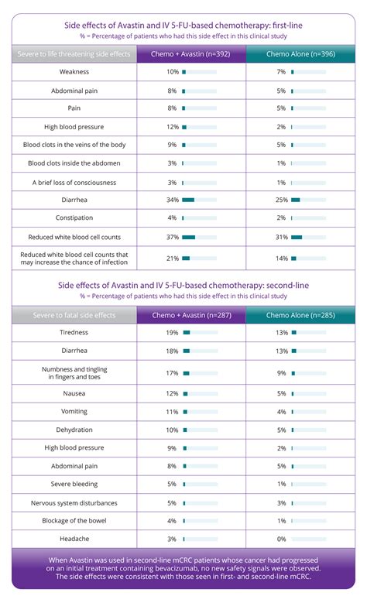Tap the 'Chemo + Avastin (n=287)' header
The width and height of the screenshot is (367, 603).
coord(191,315)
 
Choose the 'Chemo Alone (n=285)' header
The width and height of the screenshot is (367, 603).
coord(300,315)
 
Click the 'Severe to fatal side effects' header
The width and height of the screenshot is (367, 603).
coord(74,315)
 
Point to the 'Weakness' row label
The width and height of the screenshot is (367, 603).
coord(74,72)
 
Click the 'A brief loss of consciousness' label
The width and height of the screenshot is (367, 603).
coord(74,182)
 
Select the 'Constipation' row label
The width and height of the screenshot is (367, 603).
coord(74,218)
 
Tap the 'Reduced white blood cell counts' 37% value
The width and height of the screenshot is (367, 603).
coord(172,237)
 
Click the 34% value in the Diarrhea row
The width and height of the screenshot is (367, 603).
coord(172,200)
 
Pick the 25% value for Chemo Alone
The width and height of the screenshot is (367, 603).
coord(282,200)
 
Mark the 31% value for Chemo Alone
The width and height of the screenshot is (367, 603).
coord(282,237)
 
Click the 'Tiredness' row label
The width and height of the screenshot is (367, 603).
coord(74,333)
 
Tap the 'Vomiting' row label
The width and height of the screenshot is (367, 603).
coord(74,412)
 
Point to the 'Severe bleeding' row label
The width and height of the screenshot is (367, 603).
coord(74,485)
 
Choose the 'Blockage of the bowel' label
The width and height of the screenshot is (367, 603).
coord(74,521)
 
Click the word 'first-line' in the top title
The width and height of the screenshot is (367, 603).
coord(283,25)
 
